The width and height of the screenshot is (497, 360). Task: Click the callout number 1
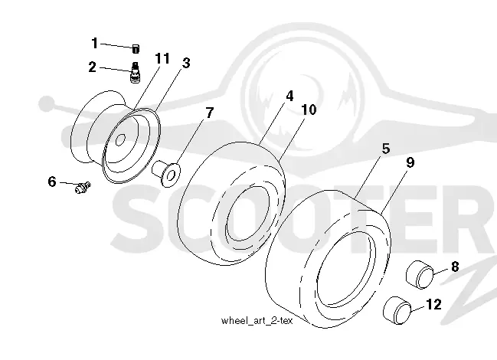94,43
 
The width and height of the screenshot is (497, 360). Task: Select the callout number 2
92,67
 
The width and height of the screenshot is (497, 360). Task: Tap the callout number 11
162,59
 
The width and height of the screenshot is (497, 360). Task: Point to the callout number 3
186,63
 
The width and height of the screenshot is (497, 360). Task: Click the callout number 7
210,113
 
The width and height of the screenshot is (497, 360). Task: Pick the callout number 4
289,96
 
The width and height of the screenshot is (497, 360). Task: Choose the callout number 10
309,110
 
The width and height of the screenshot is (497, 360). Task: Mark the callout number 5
386,149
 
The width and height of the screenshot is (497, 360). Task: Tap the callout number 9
410,162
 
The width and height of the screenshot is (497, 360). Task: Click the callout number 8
455,267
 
